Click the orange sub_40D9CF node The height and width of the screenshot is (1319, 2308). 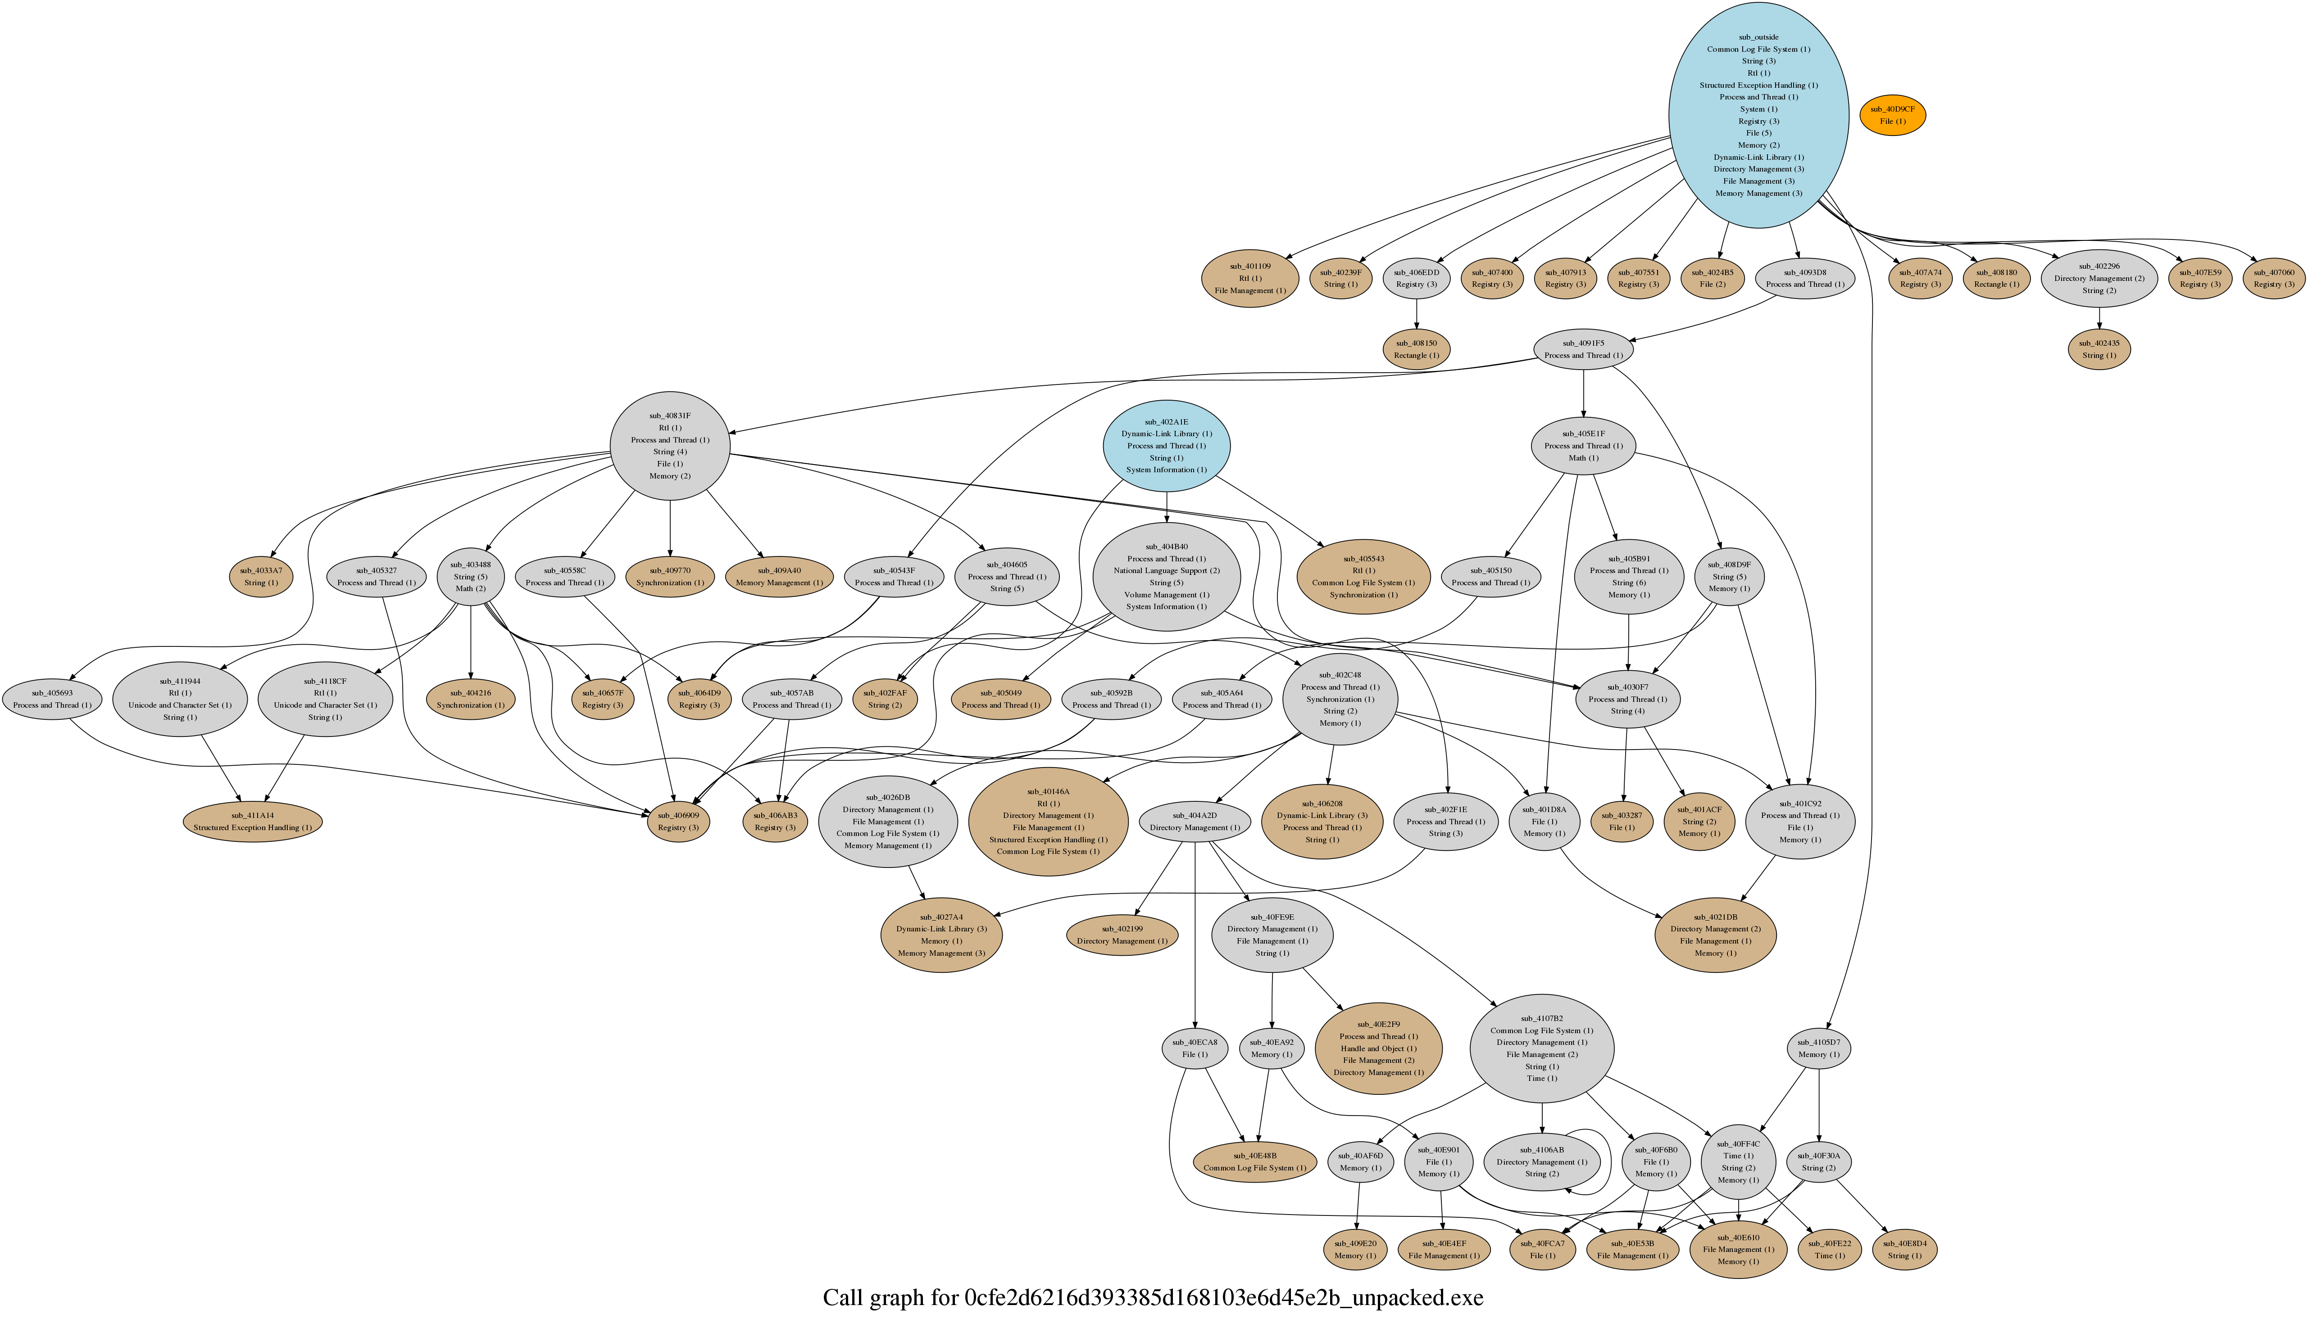pos(1892,115)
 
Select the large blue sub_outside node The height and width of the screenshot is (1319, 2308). pos(1758,115)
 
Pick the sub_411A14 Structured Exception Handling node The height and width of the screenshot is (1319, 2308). pos(252,822)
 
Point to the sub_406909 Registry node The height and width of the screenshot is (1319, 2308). pos(678,822)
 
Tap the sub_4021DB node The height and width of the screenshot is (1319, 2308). pos(1715,935)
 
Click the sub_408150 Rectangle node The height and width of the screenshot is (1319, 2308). pos(1415,350)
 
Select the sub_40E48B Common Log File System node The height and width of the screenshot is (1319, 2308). pos(1254,1162)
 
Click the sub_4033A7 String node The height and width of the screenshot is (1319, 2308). pos(261,577)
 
